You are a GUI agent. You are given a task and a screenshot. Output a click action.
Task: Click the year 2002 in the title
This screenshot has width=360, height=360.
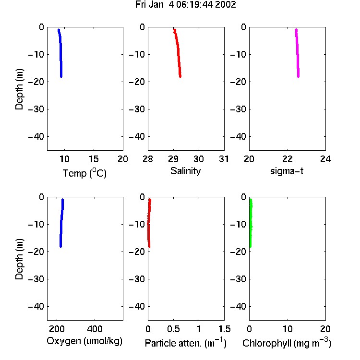[226, 5]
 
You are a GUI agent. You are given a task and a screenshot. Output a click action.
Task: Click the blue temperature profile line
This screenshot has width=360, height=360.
[60, 53]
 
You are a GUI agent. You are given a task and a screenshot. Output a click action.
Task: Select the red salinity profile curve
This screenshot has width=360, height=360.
[178, 53]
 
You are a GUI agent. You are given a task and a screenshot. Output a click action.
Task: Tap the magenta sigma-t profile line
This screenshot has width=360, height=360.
[297, 53]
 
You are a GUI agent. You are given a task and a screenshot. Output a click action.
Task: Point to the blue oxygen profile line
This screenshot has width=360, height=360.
[61, 223]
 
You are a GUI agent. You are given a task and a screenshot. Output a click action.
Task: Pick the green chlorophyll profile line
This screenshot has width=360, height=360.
[251, 223]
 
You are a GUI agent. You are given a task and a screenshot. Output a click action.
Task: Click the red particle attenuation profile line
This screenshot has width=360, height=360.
[149, 223]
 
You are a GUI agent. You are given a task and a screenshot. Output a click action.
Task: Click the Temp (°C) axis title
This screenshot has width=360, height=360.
[84, 173]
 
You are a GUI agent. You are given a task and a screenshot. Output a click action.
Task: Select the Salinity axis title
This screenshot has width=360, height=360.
[185, 171]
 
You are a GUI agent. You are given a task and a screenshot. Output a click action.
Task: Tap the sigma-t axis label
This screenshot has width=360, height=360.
[287, 171]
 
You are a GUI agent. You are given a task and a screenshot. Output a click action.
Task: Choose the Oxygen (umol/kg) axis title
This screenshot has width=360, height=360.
[84, 341]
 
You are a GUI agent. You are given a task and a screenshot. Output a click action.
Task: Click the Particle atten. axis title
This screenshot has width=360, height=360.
[185, 343]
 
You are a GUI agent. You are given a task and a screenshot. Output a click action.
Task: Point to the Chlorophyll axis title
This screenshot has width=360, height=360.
[287, 343]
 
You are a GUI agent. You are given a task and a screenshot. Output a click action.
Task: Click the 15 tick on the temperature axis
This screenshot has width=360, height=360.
[94, 159]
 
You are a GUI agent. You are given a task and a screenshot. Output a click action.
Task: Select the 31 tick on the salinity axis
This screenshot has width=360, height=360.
[224, 159]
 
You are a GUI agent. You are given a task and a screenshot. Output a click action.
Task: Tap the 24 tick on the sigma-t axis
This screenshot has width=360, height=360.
[325, 159]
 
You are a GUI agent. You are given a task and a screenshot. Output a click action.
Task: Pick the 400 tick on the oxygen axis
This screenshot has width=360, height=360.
[95, 329]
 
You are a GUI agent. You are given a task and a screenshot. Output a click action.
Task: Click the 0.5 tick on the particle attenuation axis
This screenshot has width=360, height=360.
[174, 329]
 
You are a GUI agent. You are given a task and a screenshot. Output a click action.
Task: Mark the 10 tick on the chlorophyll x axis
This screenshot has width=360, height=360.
[288, 329]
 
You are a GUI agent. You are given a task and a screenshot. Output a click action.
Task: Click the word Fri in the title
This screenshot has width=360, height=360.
[141, 5]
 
